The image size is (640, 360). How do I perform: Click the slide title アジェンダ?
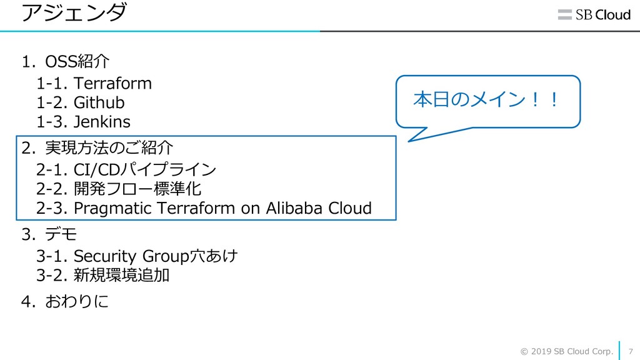click(x=74, y=12)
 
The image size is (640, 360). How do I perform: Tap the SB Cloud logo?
click(x=594, y=15)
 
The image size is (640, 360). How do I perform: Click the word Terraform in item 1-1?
click(x=112, y=83)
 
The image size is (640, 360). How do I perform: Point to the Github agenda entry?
click(x=99, y=102)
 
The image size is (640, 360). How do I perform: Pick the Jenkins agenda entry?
click(x=102, y=121)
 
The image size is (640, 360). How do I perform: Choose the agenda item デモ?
click(x=61, y=235)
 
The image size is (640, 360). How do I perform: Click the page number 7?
click(x=630, y=351)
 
